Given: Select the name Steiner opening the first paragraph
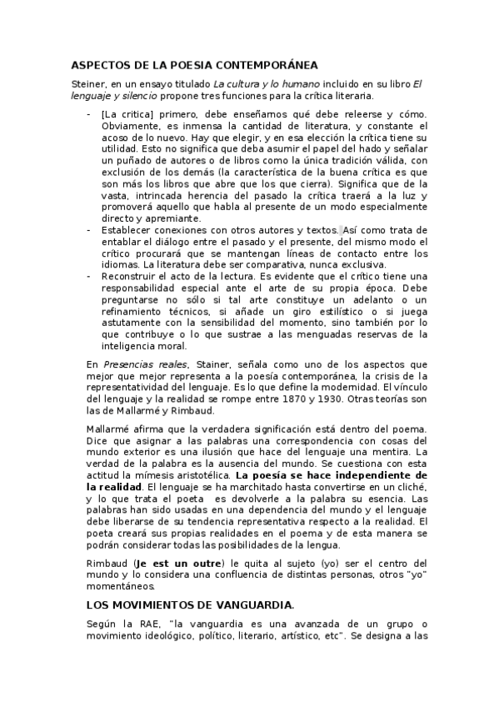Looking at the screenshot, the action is [87, 83].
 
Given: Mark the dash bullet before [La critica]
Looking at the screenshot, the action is [89, 113].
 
